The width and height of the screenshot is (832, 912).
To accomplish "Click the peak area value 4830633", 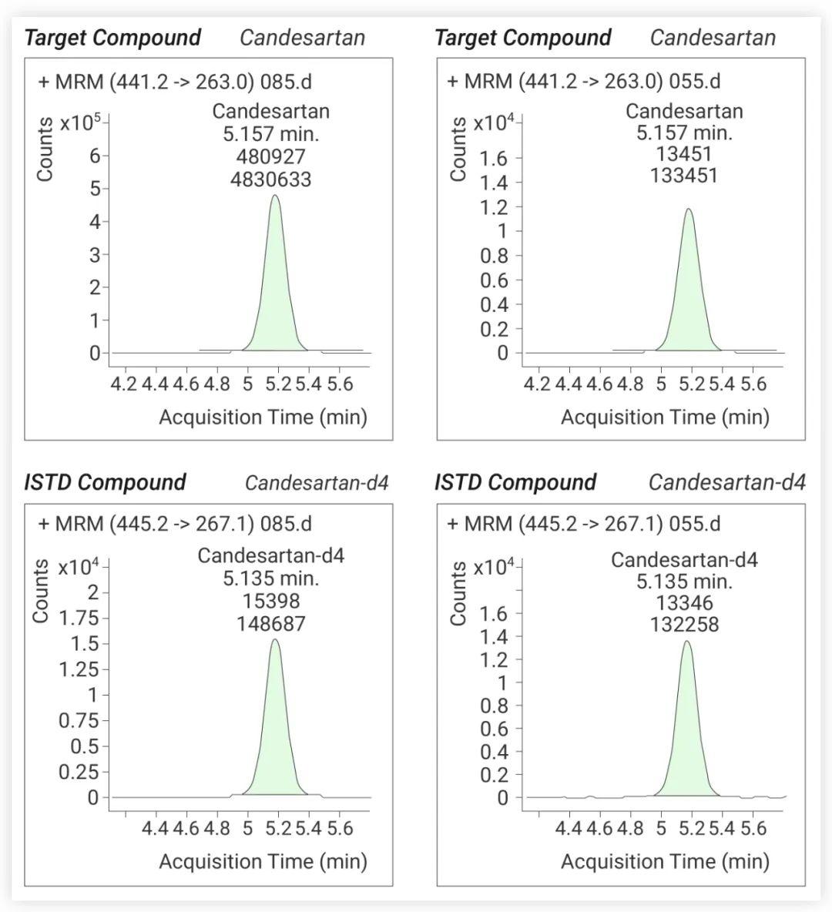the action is coord(270,179).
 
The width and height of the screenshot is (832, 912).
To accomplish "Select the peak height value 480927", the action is coord(270,156).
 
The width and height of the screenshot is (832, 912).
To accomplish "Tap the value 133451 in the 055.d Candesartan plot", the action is coord(683,175).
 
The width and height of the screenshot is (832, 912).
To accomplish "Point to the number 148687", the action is coord(270,623).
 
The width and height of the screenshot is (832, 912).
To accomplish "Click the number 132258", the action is coord(684,624).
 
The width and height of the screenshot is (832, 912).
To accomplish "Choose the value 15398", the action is coord(271,601).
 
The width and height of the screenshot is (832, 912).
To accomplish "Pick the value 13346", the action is coord(684,602).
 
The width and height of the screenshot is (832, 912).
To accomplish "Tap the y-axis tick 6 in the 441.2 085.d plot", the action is coord(95,156).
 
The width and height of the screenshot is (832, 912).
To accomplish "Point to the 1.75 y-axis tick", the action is coord(79,618).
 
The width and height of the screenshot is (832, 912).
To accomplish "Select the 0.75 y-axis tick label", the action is coord(79,721).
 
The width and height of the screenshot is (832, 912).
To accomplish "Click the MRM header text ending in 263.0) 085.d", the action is coord(175,82).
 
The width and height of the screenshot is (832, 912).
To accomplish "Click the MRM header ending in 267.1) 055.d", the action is coord(584,524).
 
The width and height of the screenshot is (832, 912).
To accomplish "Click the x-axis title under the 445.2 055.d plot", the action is coord(665,861).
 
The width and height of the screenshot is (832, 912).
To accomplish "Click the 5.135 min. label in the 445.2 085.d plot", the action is coord(271,578).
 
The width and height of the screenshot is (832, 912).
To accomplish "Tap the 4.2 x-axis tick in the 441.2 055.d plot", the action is coord(536,384).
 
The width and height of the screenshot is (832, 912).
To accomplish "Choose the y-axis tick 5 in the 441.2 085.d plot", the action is coord(95,189).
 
